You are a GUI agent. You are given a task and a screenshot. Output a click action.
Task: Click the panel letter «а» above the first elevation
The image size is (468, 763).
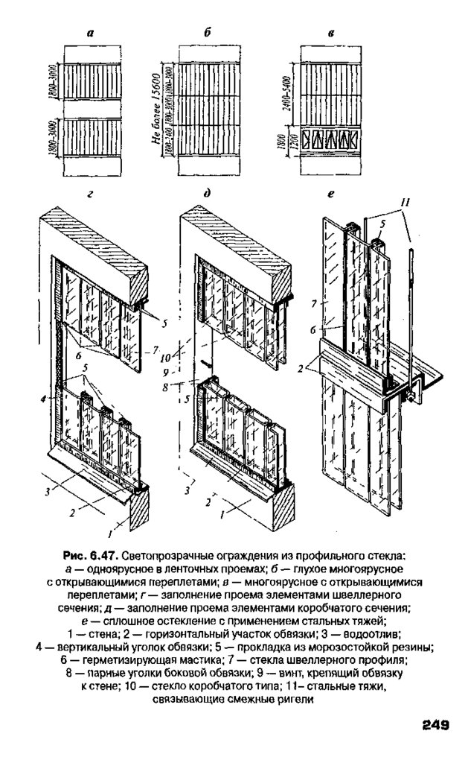[90, 34]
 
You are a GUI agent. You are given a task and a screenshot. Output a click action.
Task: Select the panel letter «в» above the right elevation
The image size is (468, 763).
[330, 34]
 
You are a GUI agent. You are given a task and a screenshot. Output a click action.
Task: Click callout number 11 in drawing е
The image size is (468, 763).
[405, 202]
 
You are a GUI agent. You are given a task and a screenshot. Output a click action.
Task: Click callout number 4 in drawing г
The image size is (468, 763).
[46, 399]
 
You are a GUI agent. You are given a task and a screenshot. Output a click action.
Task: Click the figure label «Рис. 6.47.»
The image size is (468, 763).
[91, 556]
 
